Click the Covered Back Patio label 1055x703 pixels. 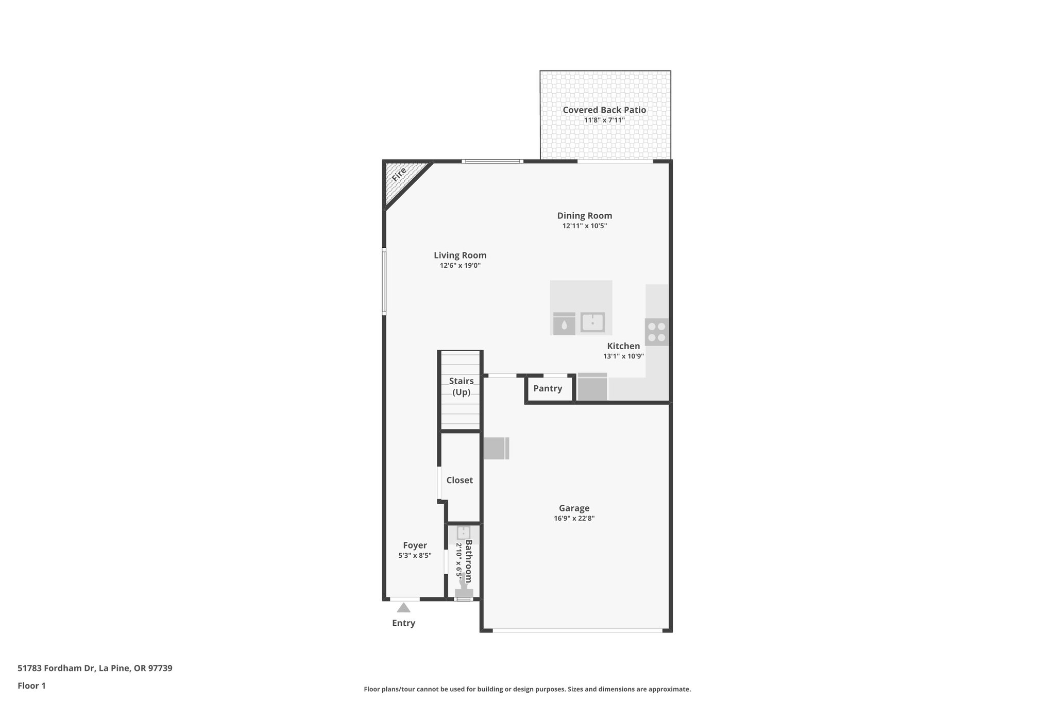(604, 110)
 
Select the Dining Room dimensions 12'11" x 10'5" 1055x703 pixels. (584, 226)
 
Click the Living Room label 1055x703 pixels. (460, 255)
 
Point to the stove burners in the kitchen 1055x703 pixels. (656, 332)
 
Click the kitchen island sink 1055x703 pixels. (592, 322)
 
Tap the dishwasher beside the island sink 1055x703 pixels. (564, 324)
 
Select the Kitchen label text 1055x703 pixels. (623, 346)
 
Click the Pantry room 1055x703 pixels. (548, 389)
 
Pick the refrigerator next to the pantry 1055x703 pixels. (592, 387)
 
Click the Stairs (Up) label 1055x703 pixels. (461, 386)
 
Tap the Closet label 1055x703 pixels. (460, 480)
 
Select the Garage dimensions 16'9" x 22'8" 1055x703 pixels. (574, 519)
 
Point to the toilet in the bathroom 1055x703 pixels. (464, 590)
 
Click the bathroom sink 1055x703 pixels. (463, 533)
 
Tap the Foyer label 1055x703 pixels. (415, 545)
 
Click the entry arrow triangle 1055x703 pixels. (403, 608)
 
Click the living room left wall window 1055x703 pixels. (384, 282)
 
